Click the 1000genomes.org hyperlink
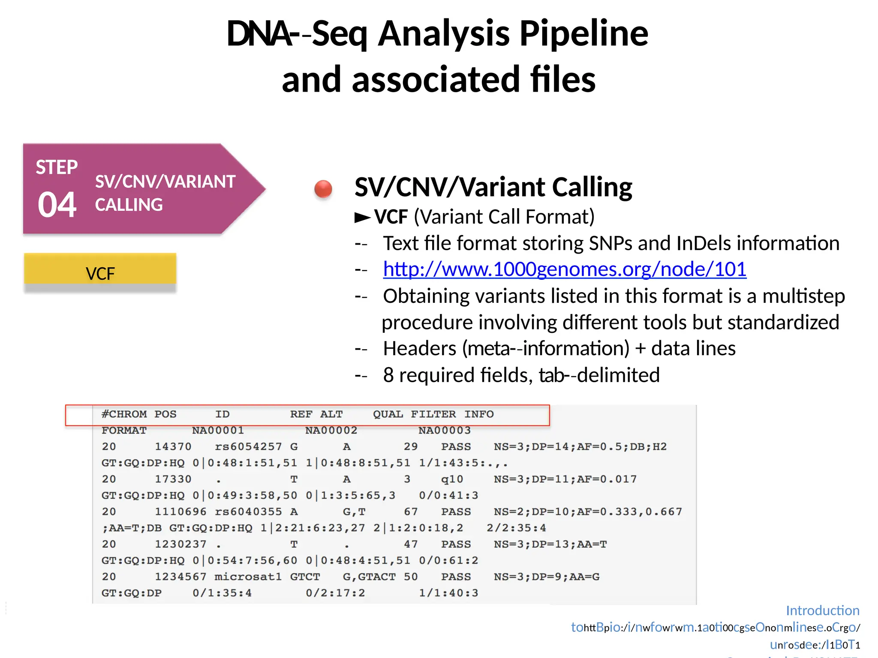tap(564, 269)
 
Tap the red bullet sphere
tap(323, 188)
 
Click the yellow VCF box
tap(100, 273)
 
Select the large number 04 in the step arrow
tap(57, 205)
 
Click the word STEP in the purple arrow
tap(57, 167)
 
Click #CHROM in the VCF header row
tap(124, 414)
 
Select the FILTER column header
tap(433, 414)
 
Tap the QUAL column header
tap(388, 414)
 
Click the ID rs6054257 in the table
tap(248, 447)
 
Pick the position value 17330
tap(173, 479)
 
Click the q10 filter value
tap(452, 479)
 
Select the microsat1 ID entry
tap(248, 577)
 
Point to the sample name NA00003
tap(444, 431)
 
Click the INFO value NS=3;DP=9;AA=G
tap(546, 577)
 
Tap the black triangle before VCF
tap(362, 218)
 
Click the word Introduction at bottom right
tap(822, 610)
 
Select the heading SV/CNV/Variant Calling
tap(493, 187)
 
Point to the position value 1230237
tap(180, 544)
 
